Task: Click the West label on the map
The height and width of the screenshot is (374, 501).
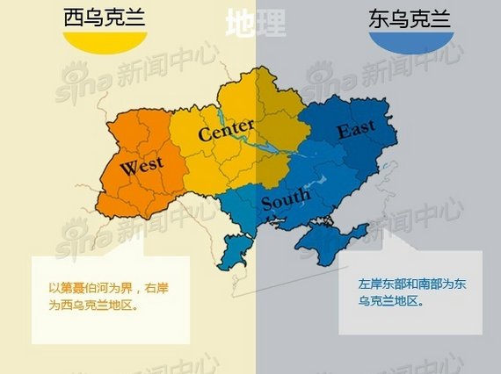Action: click(x=141, y=166)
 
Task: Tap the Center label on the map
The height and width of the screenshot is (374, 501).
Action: click(x=226, y=133)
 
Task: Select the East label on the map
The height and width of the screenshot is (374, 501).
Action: click(x=356, y=130)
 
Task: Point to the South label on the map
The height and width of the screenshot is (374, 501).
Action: click(x=286, y=200)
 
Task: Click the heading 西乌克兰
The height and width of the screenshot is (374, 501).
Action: click(x=105, y=18)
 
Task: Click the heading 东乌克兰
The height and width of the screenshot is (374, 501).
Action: click(x=410, y=18)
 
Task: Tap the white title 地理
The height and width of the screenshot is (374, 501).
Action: click(x=255, y=24)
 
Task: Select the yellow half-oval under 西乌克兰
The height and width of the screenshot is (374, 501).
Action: click(x=105, y=44)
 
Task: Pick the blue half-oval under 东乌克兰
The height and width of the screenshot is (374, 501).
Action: click(x=411, y=43)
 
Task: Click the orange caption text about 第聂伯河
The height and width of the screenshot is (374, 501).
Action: click(x=105, y=297)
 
